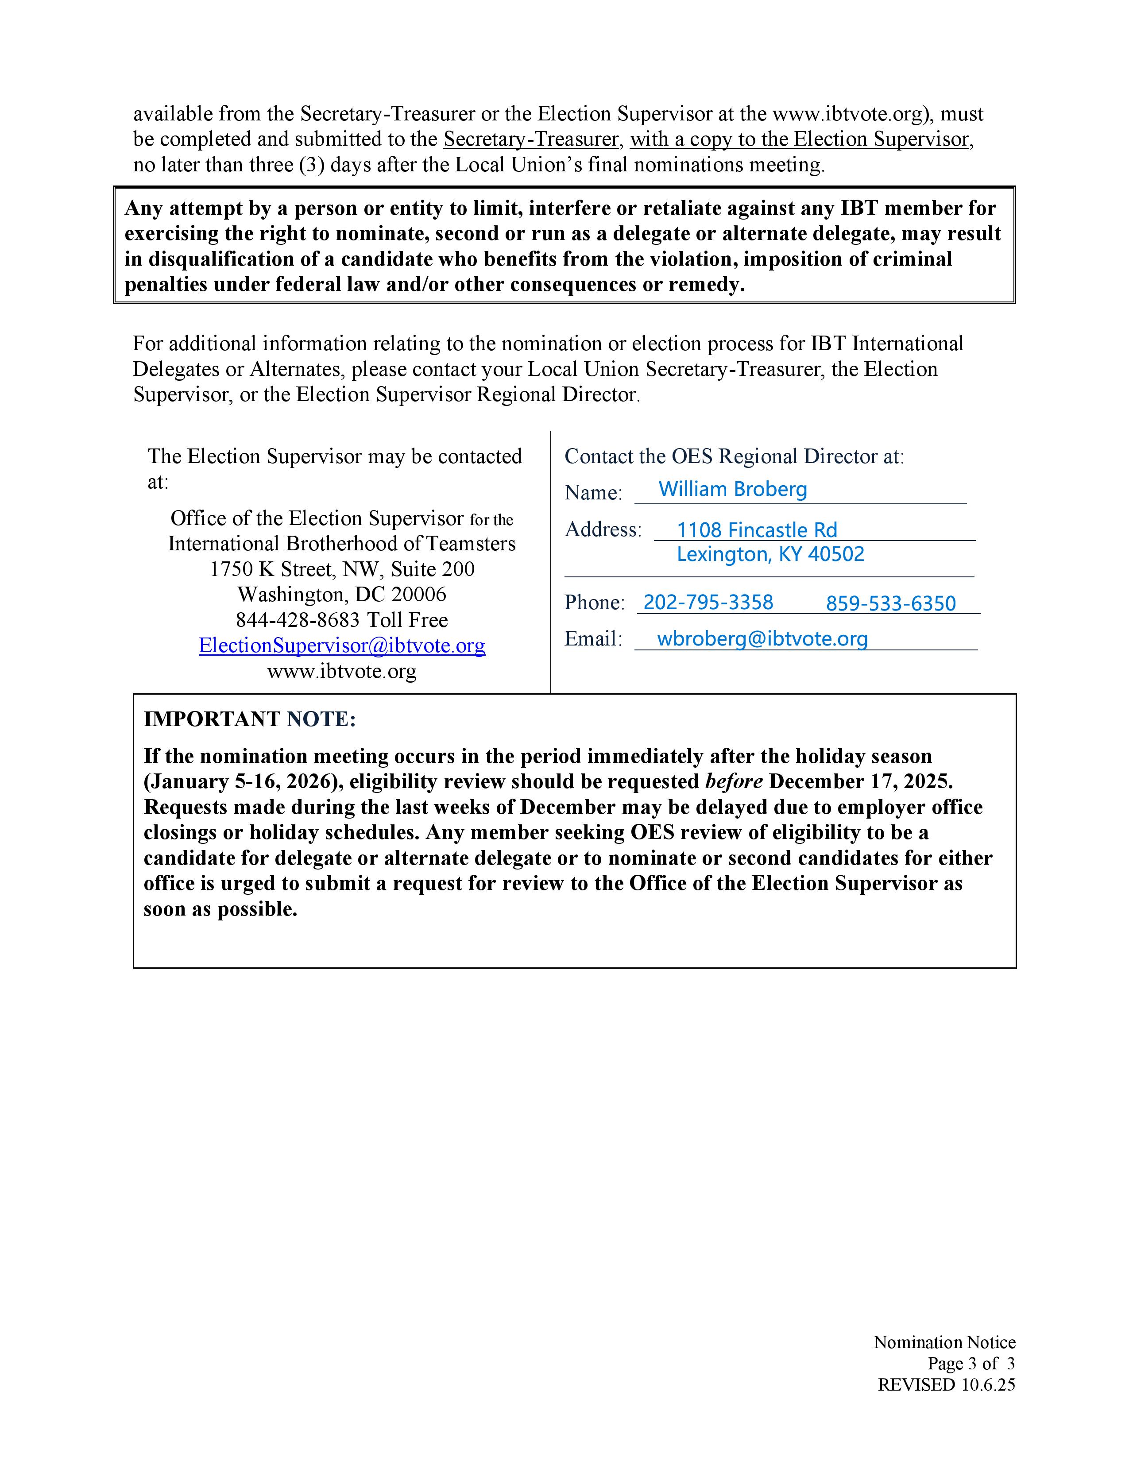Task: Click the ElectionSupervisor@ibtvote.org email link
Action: [x=342, y=645]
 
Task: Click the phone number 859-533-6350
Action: [x=890, y=603]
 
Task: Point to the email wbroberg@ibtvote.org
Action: [x=762, y=639]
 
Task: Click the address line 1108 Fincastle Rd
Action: [x=757, y=530]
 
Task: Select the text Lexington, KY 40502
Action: [x=770, y=554]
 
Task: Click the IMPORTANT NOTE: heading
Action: [x=249, y=719]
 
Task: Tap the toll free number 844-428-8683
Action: [x=298, y=620]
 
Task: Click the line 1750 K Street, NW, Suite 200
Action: [x=342, y=569]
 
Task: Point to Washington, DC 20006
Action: [x=342, y=595]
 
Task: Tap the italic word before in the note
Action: [x=734, y=781]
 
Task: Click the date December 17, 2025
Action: [x=861, y=781]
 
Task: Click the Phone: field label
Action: [x=594, y=603]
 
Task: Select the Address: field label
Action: [x=603, y=530]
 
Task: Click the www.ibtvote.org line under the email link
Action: [x=342, y=671]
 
